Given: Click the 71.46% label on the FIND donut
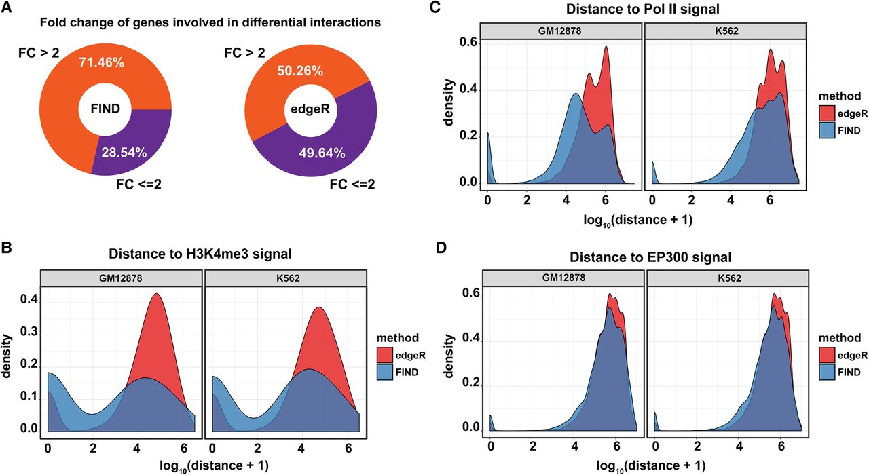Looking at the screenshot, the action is pyautogui.click(x=102, y=62).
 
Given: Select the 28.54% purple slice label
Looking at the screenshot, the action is pyautogui.click(x=124, y=153).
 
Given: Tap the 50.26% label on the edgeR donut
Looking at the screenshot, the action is pyautogui.click(x=300, y=71).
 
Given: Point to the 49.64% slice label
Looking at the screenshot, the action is pyautogui.click(x=322, y=153).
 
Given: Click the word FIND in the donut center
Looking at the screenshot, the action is pyautogui.click(x=105, y=109).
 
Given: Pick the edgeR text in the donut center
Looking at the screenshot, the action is pyautogui.click(x=310, y=109).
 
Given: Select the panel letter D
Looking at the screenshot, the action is pyautogui.click(x=441, y=248).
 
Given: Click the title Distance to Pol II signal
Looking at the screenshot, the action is pyautogui.click(x=643, y=9).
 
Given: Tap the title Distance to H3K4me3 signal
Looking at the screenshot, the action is pyautogui.click(x=200, y=254).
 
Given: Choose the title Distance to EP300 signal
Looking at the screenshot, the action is pyautogui.click(x=650, y=257).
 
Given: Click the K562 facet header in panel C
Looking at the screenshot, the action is pyautogui.click(x=726, y=31).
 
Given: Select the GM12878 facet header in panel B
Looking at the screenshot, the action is pyautogui.click(x=121, y=278).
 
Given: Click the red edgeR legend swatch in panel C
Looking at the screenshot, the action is pyautogui.click(x=827, y=114).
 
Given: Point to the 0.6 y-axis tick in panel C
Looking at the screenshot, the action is pyautogui.click(x=468, y=43).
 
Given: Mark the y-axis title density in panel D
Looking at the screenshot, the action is pyautogui.click(x=449, y=356).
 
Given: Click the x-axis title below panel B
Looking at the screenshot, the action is pyautogui.click(x=214, y=465).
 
